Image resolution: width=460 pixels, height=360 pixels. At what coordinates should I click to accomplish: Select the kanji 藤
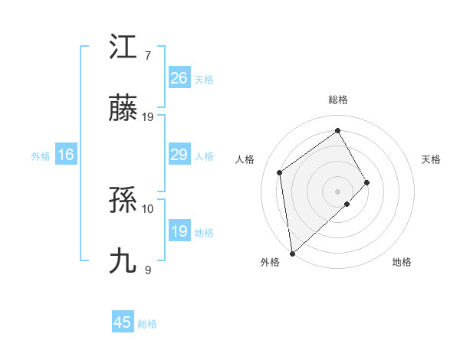point(123,112)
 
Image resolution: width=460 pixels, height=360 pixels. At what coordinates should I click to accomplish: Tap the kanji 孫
point(123,202)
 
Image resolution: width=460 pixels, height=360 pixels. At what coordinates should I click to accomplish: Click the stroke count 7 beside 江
point(148,55)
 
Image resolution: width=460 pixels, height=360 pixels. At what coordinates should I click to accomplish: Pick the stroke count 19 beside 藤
point(148,117)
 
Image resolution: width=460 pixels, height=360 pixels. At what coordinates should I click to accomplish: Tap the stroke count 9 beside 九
point(148,270)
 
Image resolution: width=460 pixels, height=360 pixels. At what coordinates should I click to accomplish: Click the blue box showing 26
point(179,77)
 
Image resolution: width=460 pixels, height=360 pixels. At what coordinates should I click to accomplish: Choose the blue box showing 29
point(179,155)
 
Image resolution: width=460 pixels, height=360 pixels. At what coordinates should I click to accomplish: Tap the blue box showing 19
point(179,231)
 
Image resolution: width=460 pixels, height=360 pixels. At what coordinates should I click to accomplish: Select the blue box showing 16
point(66,155)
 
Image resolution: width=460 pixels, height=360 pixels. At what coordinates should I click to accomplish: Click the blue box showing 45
point(123,322)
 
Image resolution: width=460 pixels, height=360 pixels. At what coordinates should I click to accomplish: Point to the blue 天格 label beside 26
point(204,80)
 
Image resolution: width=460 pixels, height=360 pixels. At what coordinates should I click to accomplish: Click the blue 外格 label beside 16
point(41,156)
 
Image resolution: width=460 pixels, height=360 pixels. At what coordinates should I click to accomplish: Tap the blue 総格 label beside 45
point(147,324)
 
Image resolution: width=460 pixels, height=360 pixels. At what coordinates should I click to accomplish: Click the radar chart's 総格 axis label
point(338,100)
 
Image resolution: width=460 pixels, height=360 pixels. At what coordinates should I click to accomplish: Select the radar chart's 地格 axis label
point(402,263)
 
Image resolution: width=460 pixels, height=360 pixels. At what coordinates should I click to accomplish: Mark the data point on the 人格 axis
point(280,172)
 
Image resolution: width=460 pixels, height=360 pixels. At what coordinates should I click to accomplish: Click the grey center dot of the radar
point(337,191)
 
